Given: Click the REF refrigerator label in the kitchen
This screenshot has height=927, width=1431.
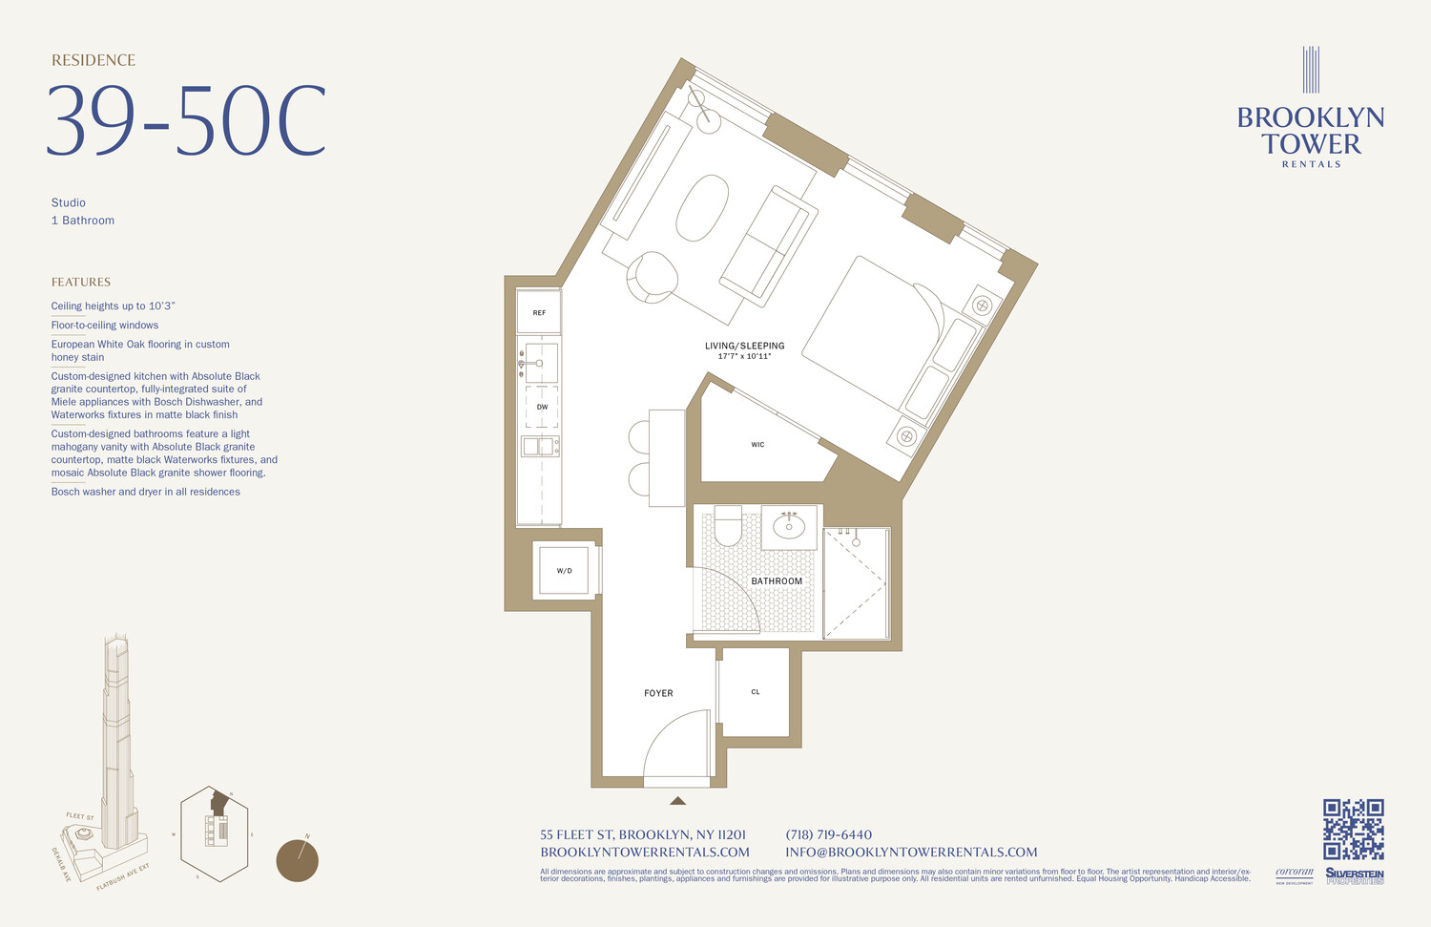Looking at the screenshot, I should [x=539, y=313].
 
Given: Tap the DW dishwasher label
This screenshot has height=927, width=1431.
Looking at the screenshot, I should [x=542, y=407].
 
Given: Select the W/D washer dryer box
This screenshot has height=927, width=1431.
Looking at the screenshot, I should [x=564, y=571].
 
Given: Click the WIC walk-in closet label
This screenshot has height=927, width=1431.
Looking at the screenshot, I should [x=757, y=445].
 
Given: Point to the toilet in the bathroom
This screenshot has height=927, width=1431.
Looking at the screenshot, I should [x=728, y=526].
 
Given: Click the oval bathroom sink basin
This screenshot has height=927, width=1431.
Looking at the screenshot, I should [x=789, y=526].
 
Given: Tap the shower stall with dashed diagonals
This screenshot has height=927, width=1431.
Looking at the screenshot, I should [x=856, y=583].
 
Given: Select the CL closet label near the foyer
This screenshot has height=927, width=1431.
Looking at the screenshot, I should [x=756, y=692].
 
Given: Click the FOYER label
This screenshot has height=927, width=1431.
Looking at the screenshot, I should [x=658, y=693].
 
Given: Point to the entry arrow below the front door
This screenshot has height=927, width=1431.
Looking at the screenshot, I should [x=677, y=801].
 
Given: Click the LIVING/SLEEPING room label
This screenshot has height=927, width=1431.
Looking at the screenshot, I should [x=745, y=346].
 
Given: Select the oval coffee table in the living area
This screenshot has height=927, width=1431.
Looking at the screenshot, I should [x=702, y=207].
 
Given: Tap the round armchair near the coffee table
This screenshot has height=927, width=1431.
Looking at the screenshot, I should [x=652, y=277].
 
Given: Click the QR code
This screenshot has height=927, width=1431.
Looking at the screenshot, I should [x=1353, y=829].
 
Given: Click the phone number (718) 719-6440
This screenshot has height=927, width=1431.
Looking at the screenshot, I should [x=828, y=834].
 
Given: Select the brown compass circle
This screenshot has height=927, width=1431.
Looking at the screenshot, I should [x=297, y=860].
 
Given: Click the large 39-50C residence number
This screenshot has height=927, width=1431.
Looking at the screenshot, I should [x=187, y=122].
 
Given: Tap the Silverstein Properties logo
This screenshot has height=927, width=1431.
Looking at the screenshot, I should [x=1354, y=875].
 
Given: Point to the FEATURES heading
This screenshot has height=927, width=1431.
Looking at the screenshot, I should [x=81, y=282].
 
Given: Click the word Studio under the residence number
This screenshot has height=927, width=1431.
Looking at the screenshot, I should [x=69, y=202].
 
